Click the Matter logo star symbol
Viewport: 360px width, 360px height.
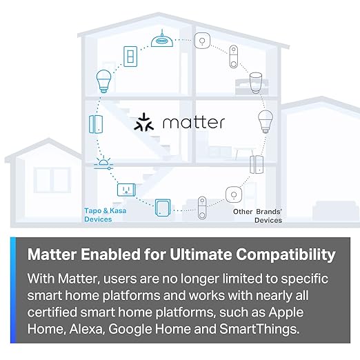[146, 123]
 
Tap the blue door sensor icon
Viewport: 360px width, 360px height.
[95, 123]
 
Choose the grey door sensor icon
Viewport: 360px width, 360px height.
[254, 165]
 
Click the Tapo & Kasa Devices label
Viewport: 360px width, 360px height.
[98, 216]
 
